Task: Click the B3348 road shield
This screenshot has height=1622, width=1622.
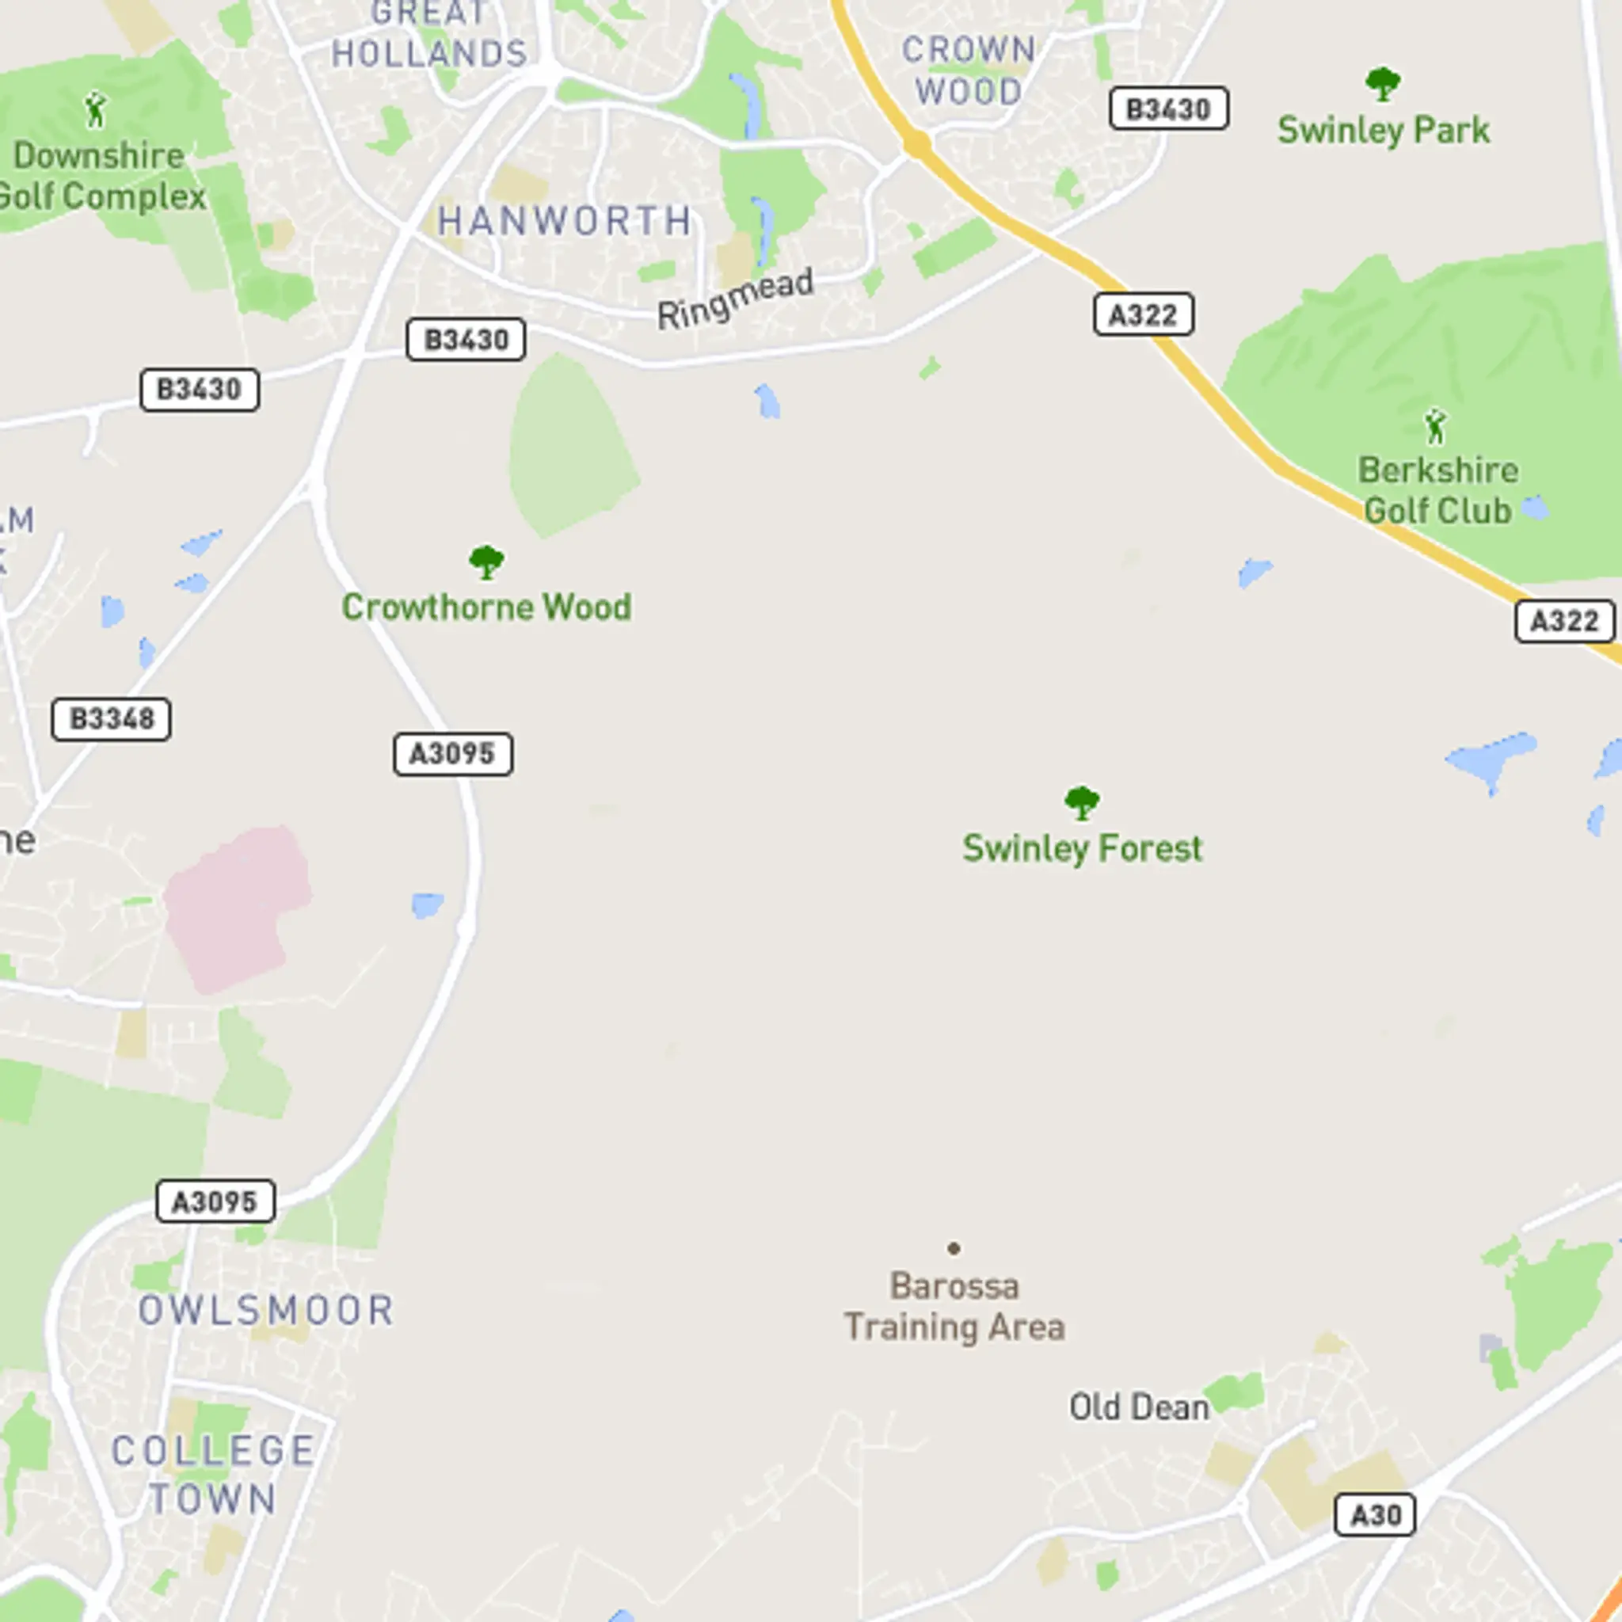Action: [x=111, y=719]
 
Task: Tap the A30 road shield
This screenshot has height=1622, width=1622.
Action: [x=1375, y=1515]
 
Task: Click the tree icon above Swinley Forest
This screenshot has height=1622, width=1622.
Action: [x=1081, y=802]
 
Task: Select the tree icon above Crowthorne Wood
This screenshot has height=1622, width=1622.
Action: [x=486, y=562]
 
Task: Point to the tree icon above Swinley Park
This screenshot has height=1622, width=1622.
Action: [x=1382, y=84]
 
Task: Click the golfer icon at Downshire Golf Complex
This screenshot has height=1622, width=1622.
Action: [x=96, y=111]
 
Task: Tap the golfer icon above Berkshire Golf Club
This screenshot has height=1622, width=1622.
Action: [x=1436, y=428]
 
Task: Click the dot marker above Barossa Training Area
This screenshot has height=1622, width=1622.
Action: [x=954, y=1248]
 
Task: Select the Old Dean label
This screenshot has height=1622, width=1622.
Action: [x=1138, y=1407]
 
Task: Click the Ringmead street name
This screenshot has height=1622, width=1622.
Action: [x=736, y=299]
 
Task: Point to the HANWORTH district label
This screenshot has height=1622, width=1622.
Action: [x=564, y=222]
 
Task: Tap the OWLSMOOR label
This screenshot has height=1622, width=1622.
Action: [x=265, y=1311]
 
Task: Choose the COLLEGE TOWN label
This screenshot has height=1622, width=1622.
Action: [x=213, y=1475]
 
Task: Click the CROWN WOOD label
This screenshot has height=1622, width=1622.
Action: [x=969, y=70]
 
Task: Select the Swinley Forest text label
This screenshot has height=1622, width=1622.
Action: [x=1082, y=849]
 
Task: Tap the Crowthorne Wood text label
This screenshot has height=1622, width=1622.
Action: [x=486, y=607]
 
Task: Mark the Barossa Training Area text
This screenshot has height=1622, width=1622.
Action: [x=954, y=1307]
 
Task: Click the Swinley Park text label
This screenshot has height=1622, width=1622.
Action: [x=1384, y=131]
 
